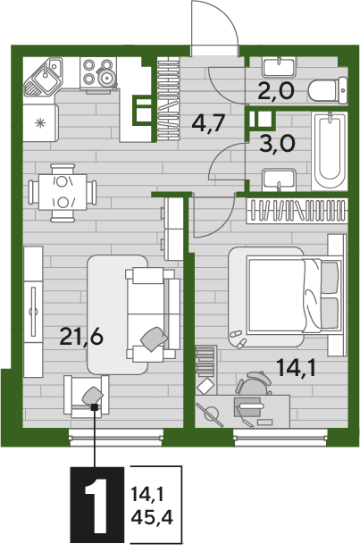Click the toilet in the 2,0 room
(327, 90)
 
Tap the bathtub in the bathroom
(330, 151)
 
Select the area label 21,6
(81, 337)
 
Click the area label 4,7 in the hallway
(208, 123)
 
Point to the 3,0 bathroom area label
(277, 143)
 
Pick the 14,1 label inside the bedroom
(296, 368)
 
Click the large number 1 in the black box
(96, 505)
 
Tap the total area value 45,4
(152, 517)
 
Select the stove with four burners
(98, 75)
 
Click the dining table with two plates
(63, 192)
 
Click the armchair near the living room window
(87, 396)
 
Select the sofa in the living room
(153, 314)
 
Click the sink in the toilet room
(279, 67)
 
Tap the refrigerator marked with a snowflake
(40, 123)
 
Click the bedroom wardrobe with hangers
(297, 211)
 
